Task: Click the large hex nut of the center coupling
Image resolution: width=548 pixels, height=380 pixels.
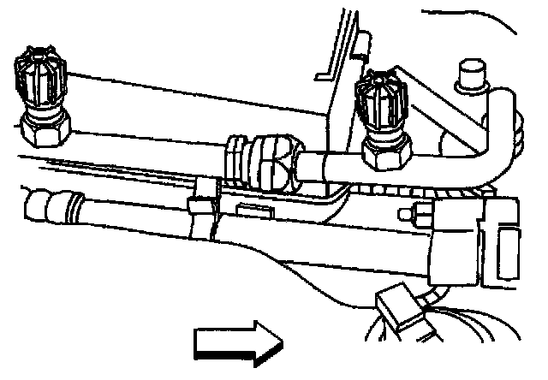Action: pyautogui.click(x=283, y=163)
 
